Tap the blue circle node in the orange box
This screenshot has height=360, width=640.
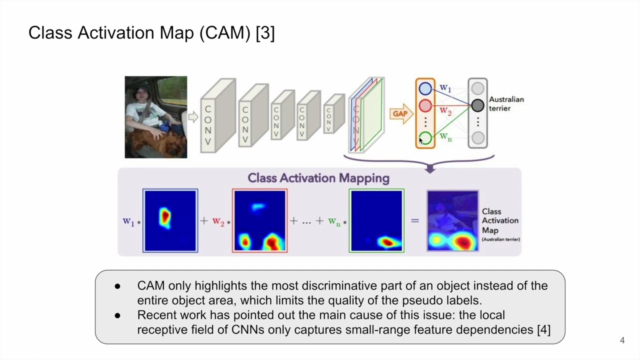425,89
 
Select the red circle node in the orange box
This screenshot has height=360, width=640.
425,105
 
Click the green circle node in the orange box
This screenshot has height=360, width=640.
425,138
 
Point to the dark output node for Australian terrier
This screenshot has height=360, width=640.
477,105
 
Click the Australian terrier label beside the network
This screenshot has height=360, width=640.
506,104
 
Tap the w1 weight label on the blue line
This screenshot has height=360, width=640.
445,88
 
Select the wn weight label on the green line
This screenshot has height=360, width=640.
445,136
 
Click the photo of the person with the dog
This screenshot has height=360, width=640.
156,117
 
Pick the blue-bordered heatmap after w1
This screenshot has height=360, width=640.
170,220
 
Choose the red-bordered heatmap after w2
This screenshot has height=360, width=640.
259,220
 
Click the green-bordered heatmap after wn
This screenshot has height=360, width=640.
376,220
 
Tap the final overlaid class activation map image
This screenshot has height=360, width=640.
452,220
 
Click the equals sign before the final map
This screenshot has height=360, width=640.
415,220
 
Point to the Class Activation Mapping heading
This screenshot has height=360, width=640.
318,178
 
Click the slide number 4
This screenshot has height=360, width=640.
622,340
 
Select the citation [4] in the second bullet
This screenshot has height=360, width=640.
543,329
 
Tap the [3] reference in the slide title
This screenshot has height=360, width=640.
265,33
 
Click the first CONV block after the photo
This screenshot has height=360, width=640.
217,116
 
